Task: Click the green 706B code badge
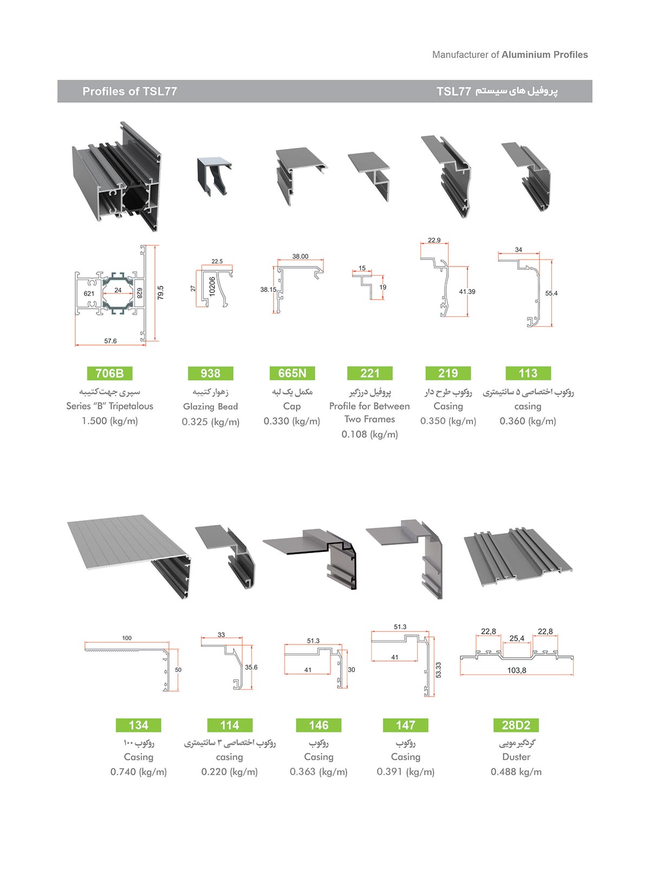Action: pyautogui.click(x=109, y=373)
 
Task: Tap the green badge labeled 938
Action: pyautogui.click(x=210, y=373)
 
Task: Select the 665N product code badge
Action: pyautogui.click(x=292, y=373)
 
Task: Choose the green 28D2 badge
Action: pyautogui.click(x=516, y=725)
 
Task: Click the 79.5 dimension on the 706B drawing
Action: pyautogui.click(x=160, y=293)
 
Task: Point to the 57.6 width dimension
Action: pyautogui.click(x=110, y=341)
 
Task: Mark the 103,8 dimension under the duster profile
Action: pyautogui.click(x=516, y=670)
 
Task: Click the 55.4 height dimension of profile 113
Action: pyautogui.click(x=551, y=293)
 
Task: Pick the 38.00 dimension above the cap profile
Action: pyautogui.click(x=300, y=256)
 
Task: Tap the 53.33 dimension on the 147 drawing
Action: pyautogui.click(x=438, y=670)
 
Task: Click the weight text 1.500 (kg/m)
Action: pyautogui.click(x=109, y=421)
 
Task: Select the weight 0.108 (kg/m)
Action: pyautogui.click(x=369, y=434)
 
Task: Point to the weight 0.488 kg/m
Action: pyautogui.click(x=516, y=772)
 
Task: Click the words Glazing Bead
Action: pyautogui.click(x=210, y=406)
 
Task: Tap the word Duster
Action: pyautogui.click(x=516, y=757)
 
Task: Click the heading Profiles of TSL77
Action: pyautogui.click(x=129, y=91)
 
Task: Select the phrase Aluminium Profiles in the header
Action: pyautogui.click(x=544, y=55)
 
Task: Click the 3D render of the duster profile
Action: pyautogui.click(x=517, y=558)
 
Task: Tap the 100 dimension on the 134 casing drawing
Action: pyautogui.click(x=127, y=638)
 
